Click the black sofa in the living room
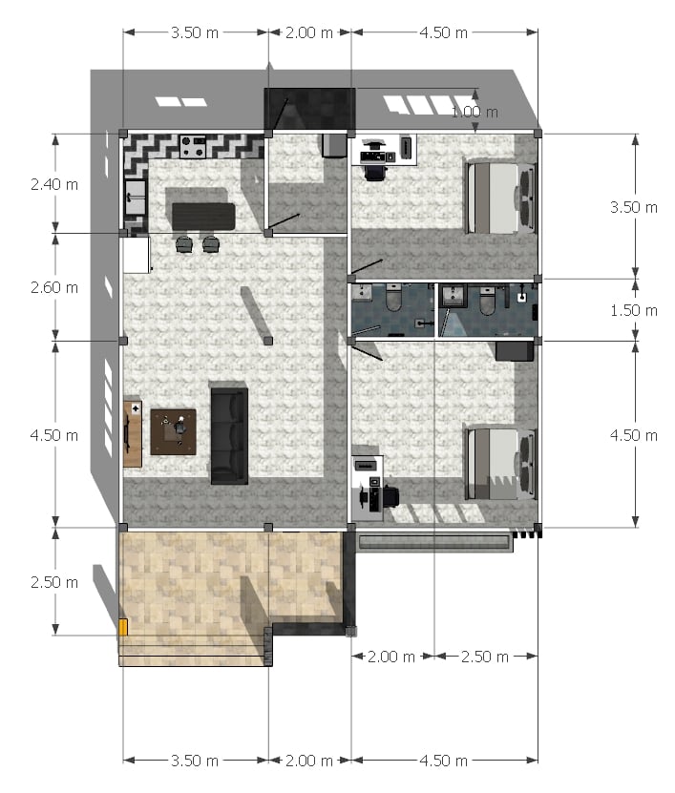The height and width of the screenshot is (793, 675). click(229, 436)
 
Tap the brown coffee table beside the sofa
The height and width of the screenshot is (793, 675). click(173, 432)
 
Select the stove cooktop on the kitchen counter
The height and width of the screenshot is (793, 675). click(193, 147)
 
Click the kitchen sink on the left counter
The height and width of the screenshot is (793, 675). click(136, 198)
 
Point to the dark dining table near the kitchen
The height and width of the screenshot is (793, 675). click(203, 217)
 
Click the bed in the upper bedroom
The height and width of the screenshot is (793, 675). click(500, 198)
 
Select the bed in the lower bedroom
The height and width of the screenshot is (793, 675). click(500, 464)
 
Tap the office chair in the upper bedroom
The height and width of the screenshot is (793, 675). click(375, 173)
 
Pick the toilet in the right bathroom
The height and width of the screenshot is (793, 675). click(487, 302)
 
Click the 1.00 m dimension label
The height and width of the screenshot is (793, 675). click(475, 112)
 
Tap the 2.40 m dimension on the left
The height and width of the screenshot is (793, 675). click(54, 184)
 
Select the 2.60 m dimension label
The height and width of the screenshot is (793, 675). click(54, 287)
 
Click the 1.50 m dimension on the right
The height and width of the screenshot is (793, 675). click(634, 310)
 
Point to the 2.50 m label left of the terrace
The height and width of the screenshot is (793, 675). click(54, 582)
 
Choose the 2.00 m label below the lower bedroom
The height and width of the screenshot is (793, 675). click(391, 657)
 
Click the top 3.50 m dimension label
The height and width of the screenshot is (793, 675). click(195, 32)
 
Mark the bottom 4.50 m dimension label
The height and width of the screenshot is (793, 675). click(443, 761)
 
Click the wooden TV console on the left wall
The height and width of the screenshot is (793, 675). click(133, 434)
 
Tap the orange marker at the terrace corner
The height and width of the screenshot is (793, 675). click(123, 627)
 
